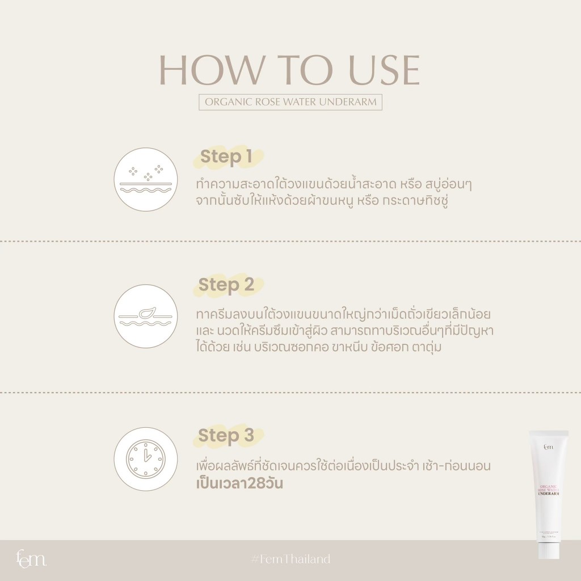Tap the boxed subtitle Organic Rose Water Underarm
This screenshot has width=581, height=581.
pos(290,103)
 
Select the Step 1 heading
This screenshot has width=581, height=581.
pos(225,158)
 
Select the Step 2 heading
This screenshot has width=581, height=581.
pos(226,285)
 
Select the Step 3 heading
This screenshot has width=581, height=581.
pos(226,436)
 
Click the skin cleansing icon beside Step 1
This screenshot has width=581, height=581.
pos(146,180)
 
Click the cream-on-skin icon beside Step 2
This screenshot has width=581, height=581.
pos(146,315)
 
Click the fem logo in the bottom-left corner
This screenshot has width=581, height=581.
pos(31,559)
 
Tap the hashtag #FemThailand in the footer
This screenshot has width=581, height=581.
pos(290,559)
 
